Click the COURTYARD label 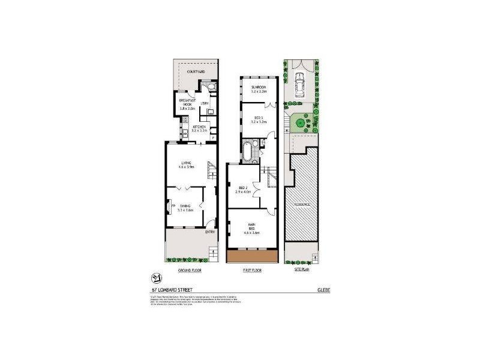(196, 72)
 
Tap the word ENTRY (210, 232)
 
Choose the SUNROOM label (259, 88)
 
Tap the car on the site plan (299, 85)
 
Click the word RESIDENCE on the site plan (302, 204)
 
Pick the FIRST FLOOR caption (252, 271)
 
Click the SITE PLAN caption (301, 271)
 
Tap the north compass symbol (156, 278)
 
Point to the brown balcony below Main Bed (252, 256)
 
